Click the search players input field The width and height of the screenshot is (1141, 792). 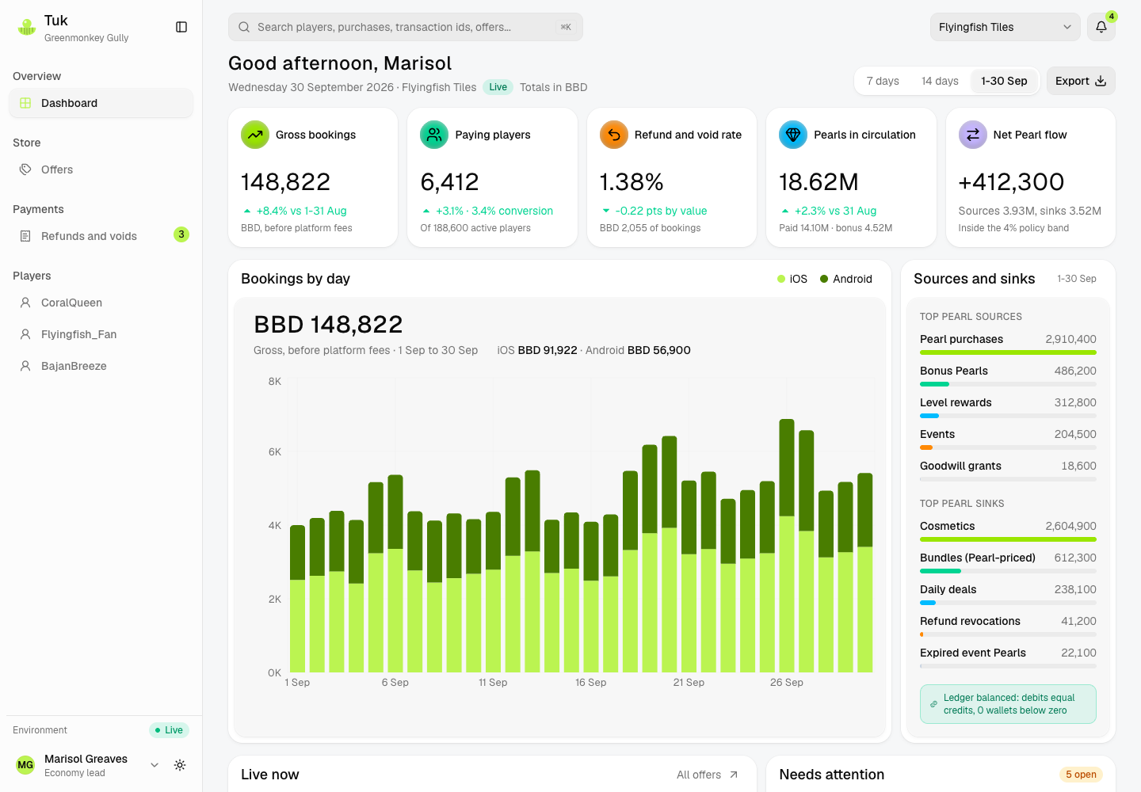click(x=405, y=27)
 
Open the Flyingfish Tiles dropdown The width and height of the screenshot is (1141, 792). click(x=1005, y=27)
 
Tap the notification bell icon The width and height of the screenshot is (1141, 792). click(x=1101, y=27)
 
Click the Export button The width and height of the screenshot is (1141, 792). click(x=1081, y=81)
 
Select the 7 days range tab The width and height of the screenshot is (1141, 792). click(x=882, y=81)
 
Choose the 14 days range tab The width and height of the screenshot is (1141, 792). click(x=939, y=81)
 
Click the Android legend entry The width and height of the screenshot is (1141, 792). click(x=846, y=279)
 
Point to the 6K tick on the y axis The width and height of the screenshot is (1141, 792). click(x=274, y=452)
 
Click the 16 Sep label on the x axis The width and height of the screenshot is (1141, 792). click(x=591, y=683)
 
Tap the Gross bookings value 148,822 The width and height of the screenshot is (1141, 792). click(x=286, y=181)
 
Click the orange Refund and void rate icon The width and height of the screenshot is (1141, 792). click(x=614, y=135)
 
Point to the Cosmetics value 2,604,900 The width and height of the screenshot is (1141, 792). click(x=1070, y=527)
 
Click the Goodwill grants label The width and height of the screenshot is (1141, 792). click(x=960, y=466)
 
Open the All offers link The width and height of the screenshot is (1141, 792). click(x=707, y=775)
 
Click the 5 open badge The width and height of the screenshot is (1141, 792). click(x=1081, y=775)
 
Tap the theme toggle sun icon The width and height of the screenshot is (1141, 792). click(x=180, y=765)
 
